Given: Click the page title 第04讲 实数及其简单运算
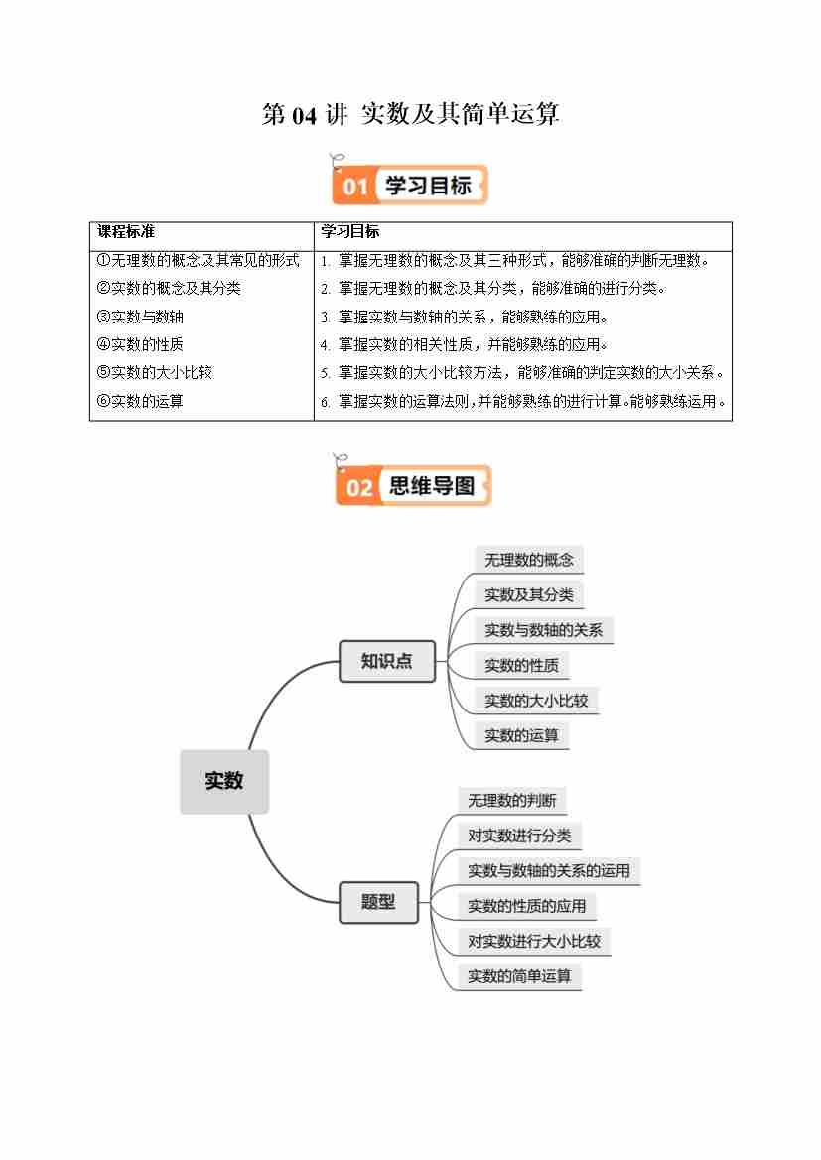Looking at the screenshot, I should [x=410, y=115].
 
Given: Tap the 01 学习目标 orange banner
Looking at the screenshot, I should [x=410, y=186].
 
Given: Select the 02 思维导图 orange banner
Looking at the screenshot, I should [x=413, y=486].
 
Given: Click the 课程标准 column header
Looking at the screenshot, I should [x=126, y=232].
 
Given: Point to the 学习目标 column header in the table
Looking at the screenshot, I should [x=349, y=232].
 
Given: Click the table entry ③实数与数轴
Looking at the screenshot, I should [x=140, y=318].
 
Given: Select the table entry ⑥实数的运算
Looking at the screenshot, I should [x=140, y=401].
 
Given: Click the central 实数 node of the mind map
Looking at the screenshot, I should [x=224, y=781].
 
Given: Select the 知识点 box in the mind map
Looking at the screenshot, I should [x=387, y=661].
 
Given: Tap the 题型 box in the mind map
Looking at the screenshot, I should [x=378, y=902].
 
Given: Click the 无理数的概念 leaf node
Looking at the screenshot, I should [x=528, y=560].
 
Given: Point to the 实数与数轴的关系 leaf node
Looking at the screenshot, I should [x=543, y=630].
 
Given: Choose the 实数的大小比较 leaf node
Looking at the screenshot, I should [x=536, y=701].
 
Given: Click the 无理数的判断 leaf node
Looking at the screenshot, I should [x=511, y=801].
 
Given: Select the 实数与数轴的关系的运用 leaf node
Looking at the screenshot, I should [x=549, y=871].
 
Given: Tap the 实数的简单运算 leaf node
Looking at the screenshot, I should [x=519, y=976].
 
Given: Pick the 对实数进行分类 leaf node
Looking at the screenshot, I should [x=519, y=836].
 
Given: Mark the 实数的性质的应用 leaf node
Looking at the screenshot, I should [x=526, y=906].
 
